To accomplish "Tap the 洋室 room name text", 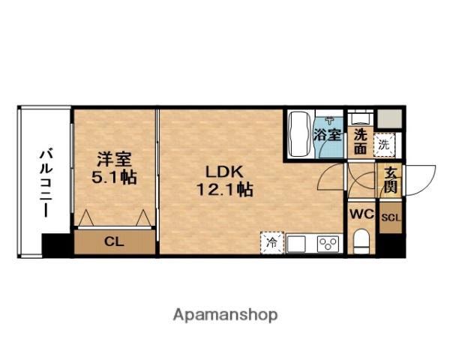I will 115,160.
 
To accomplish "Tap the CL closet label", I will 114,241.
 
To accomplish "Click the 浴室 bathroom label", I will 328,136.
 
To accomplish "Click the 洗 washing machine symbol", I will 385,142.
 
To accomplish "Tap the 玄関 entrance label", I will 390,181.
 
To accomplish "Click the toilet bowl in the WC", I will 361,242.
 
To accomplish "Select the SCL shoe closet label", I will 390,218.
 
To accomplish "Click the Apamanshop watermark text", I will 225,314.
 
